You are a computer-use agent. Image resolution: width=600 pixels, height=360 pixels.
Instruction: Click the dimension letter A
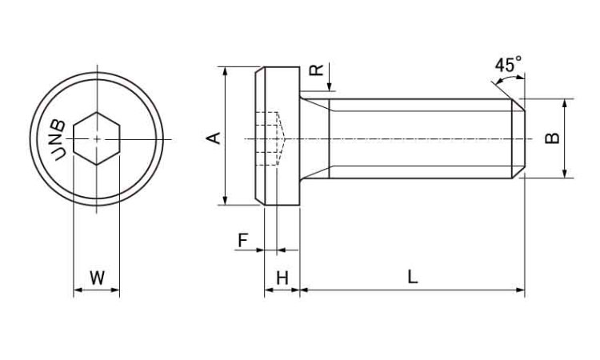click(x=215, y=138)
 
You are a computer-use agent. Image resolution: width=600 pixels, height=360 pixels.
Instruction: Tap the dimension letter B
click(x=552, y=138)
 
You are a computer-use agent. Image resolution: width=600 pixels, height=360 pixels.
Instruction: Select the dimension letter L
click(x=412, y=277)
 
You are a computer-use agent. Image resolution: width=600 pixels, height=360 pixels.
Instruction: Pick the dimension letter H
click(x=282, y=278)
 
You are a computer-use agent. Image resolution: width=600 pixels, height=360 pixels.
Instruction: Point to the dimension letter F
click(x=243, y=241)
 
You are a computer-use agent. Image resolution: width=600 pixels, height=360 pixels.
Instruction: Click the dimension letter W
click(x=97, y=278)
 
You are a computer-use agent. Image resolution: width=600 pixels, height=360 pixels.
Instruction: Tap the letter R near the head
click(x=317, y=70)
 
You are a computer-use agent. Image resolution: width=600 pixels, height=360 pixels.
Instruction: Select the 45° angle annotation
click(x=508, y=64)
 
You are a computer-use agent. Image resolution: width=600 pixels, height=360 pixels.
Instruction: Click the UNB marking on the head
click(x=58, y=140)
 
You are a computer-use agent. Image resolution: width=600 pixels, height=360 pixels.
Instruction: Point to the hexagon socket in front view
click(x=97, y=138)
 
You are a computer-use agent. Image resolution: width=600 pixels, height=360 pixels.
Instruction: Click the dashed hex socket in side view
click(x=270, y=138)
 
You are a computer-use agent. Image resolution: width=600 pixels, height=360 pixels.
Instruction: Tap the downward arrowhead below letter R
click(x=330, y=87)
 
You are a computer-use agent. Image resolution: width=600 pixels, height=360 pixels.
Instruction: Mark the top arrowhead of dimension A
click(x=226, y=70)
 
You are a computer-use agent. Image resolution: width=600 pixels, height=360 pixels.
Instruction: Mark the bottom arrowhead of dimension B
click(x=565, y=174)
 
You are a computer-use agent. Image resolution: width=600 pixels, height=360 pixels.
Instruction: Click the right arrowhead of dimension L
click(x=521, y=290)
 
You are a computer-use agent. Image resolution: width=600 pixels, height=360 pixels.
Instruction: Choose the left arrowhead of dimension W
click(x=78, y=290)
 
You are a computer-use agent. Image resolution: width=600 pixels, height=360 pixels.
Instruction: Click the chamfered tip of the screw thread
click(x=519, y=138)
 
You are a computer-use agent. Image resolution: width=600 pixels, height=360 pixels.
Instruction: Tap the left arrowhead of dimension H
click(x=269, y=290)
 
